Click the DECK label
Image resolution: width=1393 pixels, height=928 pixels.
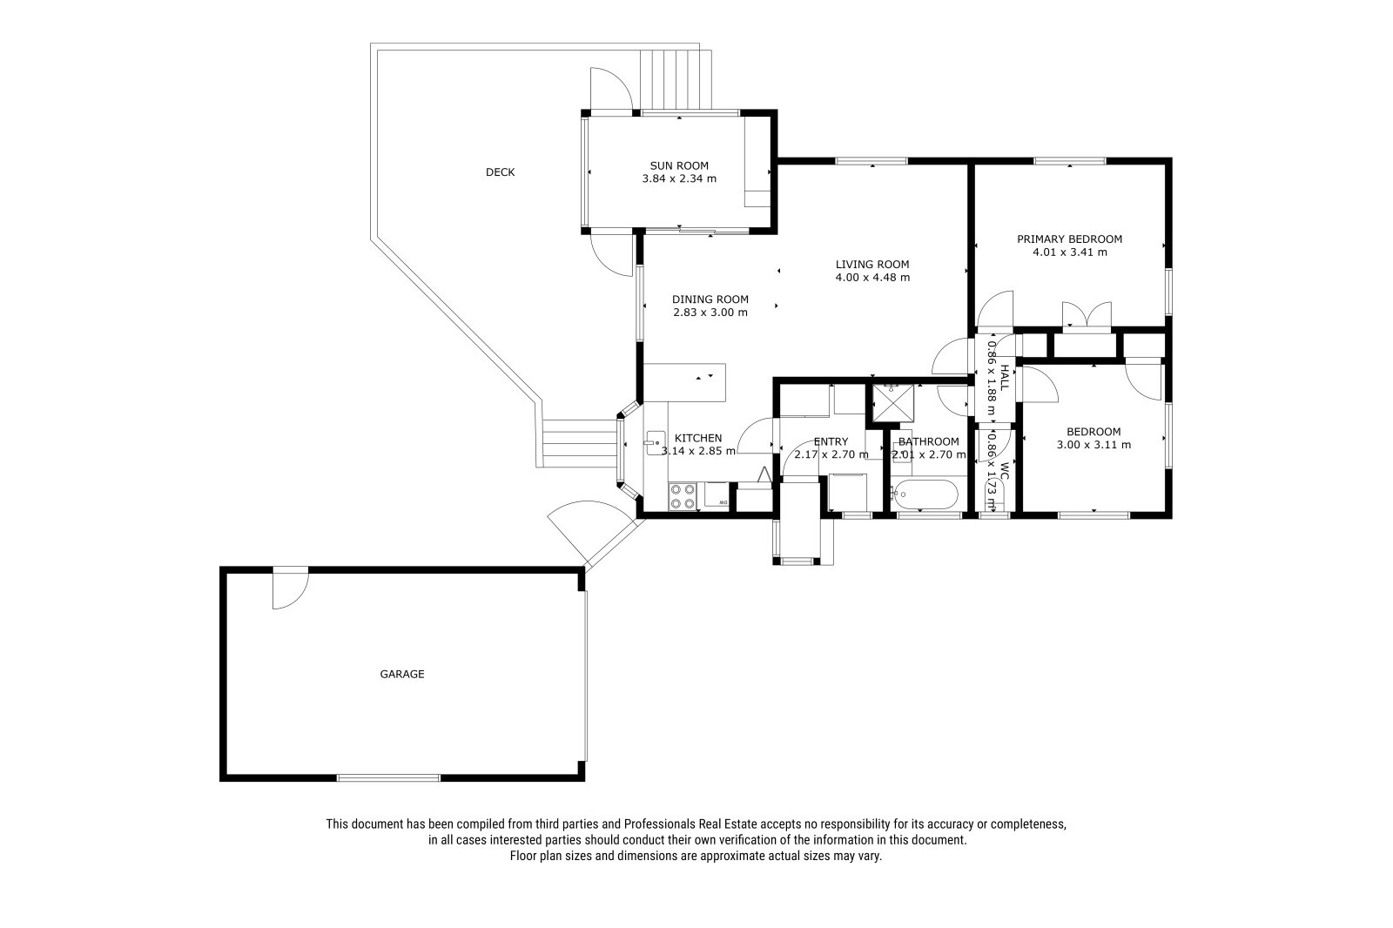pos(500,172)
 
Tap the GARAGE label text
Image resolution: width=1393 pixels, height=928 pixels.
pos(401,674)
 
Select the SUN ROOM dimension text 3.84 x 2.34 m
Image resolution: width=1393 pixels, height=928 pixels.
pos(679,178)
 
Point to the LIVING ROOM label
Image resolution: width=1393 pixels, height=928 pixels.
pos(871,265)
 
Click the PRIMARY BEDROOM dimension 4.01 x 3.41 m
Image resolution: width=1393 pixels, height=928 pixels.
pos(1070,252)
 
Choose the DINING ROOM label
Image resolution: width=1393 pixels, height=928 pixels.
pos(710,299)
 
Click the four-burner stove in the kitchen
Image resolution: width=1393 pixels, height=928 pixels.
pos(683,496)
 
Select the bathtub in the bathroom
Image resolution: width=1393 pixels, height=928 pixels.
pos(925,494)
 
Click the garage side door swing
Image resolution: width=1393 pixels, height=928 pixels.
pos(291,588)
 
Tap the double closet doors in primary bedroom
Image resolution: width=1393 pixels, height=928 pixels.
pos(1087,314)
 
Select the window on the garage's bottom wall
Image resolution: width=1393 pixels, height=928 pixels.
pos(388,777)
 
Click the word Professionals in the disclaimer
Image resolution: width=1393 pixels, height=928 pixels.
pos(659,824)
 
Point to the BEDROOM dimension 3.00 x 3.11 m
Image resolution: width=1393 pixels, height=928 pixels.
pos(1094,445)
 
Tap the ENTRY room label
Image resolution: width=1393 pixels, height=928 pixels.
pos(831,441)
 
